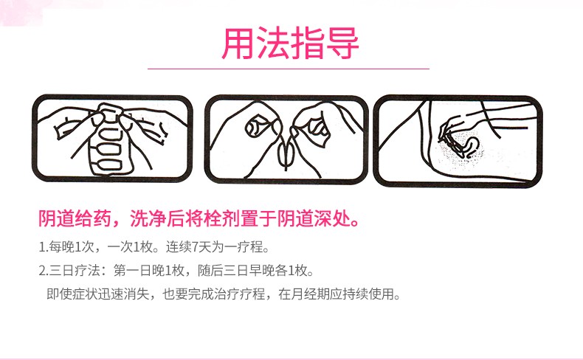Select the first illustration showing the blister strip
(112, 139)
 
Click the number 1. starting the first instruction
(42, 246)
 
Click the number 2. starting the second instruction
(43, 271)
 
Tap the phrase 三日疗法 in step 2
(73, 271)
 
